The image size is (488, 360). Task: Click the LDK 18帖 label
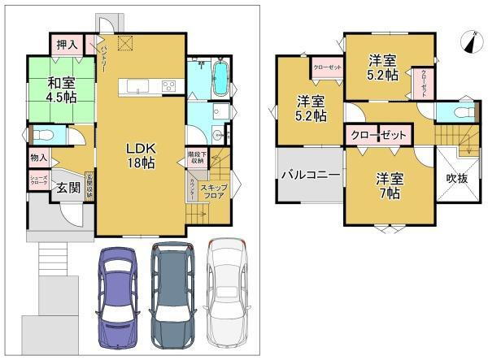pos(140,155)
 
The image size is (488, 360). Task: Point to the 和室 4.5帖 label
pos(61,89)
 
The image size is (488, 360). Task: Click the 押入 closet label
pos(67,45)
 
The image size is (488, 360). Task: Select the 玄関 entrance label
pos(68,188)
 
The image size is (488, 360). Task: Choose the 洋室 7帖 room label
pos(388,186)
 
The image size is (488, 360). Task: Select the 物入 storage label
pos(39,157)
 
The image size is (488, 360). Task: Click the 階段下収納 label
pos(195,157)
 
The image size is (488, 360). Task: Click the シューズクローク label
pos(38,182)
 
